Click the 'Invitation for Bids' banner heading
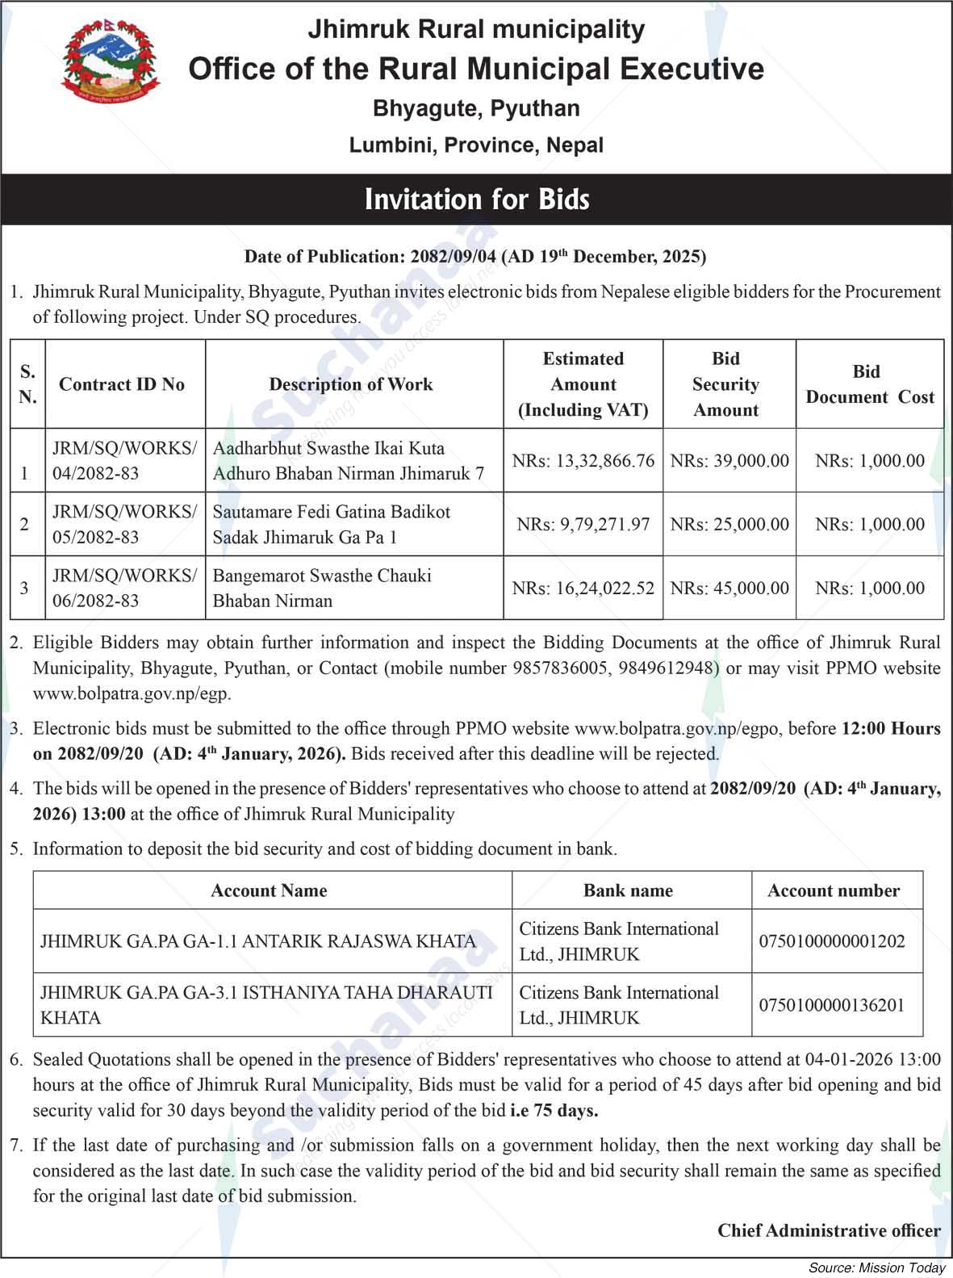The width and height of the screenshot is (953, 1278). (477, 199)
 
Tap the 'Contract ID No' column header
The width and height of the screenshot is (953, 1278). (122, 384)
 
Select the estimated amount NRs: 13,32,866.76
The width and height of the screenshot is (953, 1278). (583, 461)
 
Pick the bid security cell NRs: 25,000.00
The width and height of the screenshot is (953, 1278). (729, 525)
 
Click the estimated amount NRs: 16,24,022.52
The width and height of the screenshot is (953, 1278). (583, 589)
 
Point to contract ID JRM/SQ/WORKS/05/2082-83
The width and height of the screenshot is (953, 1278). (124, 525)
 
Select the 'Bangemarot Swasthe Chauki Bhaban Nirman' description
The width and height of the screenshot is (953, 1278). (322, 588)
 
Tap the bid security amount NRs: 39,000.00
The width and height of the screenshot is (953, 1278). (729, 461)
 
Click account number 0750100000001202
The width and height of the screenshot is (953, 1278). (832, 941)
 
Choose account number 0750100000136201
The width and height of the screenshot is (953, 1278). (832, 1005)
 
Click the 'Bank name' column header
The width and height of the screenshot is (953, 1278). (628, 890)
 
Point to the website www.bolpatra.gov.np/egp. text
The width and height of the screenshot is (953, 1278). (132, 693)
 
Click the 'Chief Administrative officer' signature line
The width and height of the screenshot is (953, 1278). (829, 1230)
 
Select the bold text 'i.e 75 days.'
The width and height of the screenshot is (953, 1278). (554, 1110)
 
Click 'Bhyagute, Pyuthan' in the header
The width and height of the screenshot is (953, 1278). (476, 108)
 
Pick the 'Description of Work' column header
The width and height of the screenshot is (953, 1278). (351, 384)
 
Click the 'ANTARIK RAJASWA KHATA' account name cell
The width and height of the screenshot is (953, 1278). (258, 941)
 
